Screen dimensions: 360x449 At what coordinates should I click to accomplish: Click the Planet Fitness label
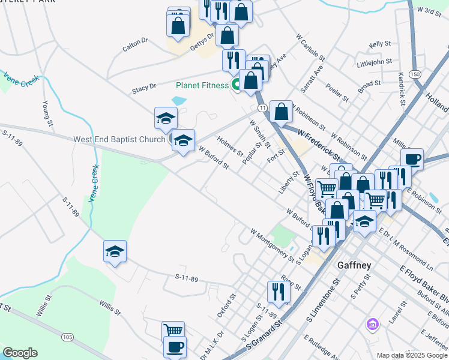[202, 85]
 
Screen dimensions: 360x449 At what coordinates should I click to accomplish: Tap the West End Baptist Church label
[119, 139]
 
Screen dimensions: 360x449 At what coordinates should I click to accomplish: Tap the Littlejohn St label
[374, 61]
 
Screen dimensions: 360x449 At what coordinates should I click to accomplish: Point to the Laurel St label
[395, 313]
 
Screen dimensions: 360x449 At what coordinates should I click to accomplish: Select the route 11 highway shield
[262, 107]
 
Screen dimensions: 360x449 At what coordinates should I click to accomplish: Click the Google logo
[20, 353]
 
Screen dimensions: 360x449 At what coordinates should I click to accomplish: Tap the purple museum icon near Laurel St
[372, 325]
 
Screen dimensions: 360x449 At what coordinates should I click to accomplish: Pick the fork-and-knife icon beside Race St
[278, 292]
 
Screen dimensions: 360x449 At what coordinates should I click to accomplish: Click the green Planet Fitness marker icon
[237, 86]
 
